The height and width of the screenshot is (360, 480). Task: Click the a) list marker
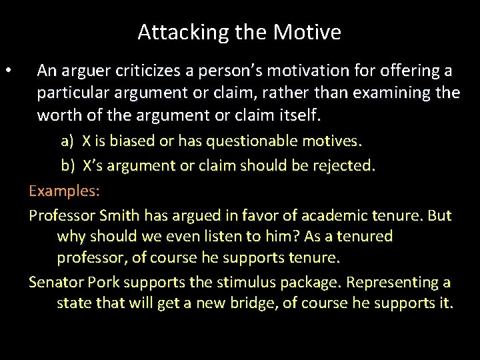click(x=67, y=141)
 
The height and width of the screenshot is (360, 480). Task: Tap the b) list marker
click(x=67, y=166)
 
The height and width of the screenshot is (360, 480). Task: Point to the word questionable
click(x=249, y=141)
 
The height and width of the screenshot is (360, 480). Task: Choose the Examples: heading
click(x=64, y=191)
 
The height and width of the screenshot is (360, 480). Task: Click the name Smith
click(x=121, y=215)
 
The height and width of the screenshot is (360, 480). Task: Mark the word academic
click(x=332, y=215)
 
